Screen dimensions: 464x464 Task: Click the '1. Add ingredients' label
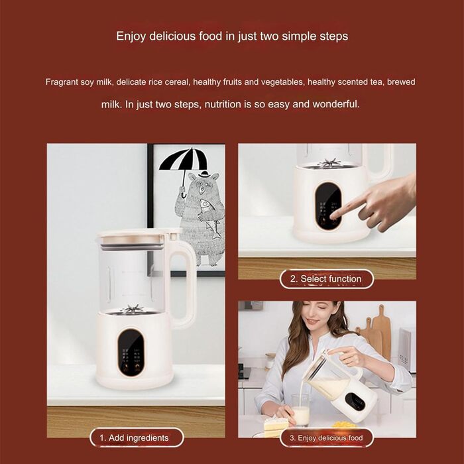tap(137, 437)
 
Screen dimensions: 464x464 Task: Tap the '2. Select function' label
tap(326, 279)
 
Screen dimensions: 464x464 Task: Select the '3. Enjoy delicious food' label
tap(326, 438)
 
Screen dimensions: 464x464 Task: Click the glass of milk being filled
tap(301, 411)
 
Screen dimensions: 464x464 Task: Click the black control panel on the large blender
tap(131, 352)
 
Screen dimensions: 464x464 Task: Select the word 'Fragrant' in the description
tap(62, 82)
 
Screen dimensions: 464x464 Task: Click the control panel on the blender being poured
tap(355, 402)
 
